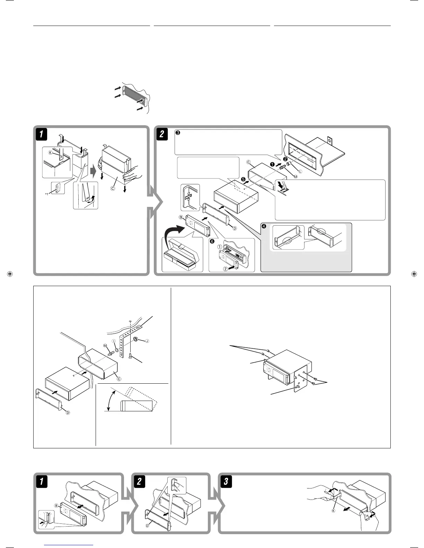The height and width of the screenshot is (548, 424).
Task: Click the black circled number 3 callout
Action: coord(178,133)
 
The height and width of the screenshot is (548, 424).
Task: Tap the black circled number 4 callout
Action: coord(264,227)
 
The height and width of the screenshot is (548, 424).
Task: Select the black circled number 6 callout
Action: coord(212,241)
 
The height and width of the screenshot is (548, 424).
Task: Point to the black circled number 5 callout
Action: coord(243,179)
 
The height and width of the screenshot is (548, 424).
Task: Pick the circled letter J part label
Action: coord(147,341)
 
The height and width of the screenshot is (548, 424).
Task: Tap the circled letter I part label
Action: coord(114,341)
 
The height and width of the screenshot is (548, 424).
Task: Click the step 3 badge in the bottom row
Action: coord(226,482)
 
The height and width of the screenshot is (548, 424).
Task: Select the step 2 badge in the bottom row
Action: coord(139,482)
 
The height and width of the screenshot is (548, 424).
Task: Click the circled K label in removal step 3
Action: coord(333,511)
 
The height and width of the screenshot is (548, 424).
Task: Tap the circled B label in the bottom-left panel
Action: coord(56,505)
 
